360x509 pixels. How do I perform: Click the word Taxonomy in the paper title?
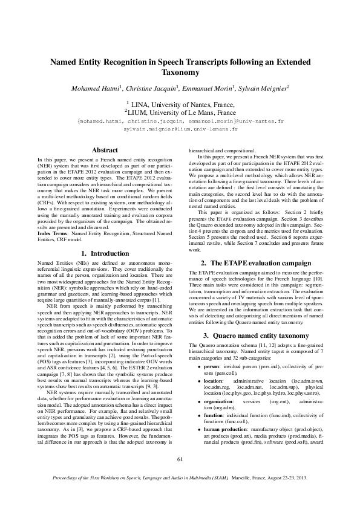180,72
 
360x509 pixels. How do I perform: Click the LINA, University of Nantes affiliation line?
180,105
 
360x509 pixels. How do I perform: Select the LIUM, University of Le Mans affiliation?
180,112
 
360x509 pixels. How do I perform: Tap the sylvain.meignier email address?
180,129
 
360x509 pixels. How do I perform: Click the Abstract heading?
104,149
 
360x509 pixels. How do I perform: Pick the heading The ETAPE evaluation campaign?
256,263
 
